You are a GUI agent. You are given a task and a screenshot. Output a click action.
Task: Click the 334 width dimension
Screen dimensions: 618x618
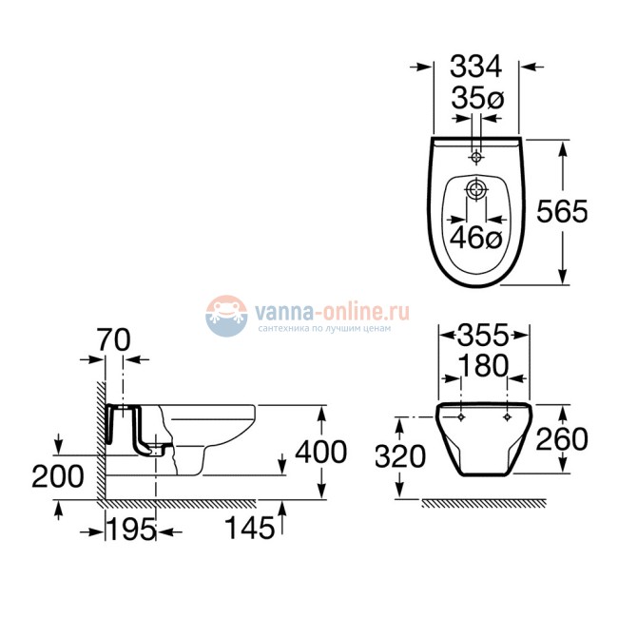click(475, 67)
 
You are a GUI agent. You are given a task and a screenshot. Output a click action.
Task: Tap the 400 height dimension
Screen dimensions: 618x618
click(320, 452)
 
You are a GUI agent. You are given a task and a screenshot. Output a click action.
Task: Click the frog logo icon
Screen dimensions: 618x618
click(225, 315)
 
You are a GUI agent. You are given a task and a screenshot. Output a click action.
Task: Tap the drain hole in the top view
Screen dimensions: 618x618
click(475, 192)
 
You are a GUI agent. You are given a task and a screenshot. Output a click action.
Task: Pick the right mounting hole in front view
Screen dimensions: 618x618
click(508, 416)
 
